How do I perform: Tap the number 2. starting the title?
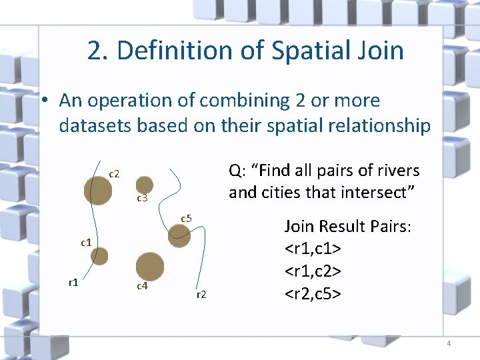click(99, 51)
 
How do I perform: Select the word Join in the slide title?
click(381, 51)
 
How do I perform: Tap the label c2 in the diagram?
click(114, 174)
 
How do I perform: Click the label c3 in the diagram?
click(142, 199)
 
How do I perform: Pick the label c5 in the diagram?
click(187, 219)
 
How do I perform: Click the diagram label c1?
click(86, 243)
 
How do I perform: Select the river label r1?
click(74, 282)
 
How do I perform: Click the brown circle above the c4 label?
click(151, 266)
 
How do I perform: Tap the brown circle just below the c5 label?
click(179, 236)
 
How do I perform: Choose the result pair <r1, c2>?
click(313, 271)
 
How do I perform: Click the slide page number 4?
click(449, 343)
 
